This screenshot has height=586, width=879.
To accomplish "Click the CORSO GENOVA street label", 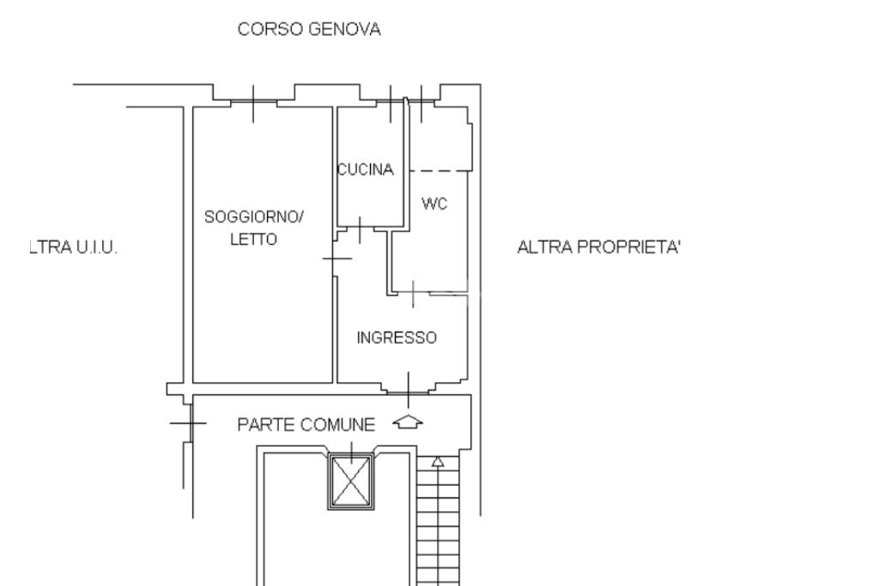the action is tap(309, 29).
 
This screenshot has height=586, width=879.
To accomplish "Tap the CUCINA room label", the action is tap(366, 169).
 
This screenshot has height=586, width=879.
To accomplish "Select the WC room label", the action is tap(433, 203).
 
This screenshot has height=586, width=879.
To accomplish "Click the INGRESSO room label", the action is tap(397, 338).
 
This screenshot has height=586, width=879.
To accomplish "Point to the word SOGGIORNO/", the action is tap(254, 217).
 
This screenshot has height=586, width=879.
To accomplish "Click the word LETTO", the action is tap(254, 240).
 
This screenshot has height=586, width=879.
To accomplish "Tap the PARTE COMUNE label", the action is tap(306, 425).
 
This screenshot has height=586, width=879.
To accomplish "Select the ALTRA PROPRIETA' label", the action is tap(598, 247).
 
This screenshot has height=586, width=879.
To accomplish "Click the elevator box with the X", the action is tap(351, 482).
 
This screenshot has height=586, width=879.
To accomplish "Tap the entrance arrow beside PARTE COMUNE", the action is tap(408, 422).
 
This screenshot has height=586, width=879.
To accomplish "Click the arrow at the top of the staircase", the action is tap(438, 462).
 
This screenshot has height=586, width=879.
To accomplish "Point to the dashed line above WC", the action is tap(440, 171).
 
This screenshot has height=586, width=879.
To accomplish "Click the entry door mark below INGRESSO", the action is tap(408, 389).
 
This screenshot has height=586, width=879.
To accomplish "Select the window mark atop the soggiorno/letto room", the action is tap(253, 104).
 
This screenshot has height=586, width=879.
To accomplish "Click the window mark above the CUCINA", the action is tap(391, 104).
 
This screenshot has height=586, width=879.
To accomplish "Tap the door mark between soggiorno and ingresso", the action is tap(336, 258).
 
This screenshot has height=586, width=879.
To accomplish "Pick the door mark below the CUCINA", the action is tap(360, 229).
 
